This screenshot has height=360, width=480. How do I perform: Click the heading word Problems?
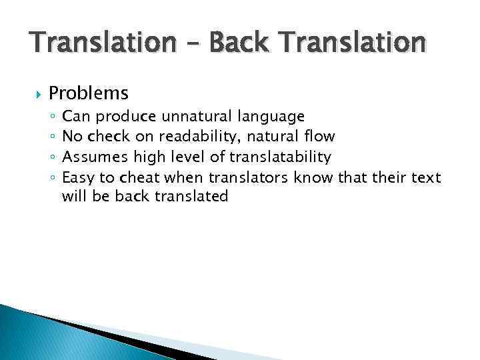pos(89,92)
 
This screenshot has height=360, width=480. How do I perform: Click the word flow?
pos(317,137)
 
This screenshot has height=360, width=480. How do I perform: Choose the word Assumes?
pos(91,157)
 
